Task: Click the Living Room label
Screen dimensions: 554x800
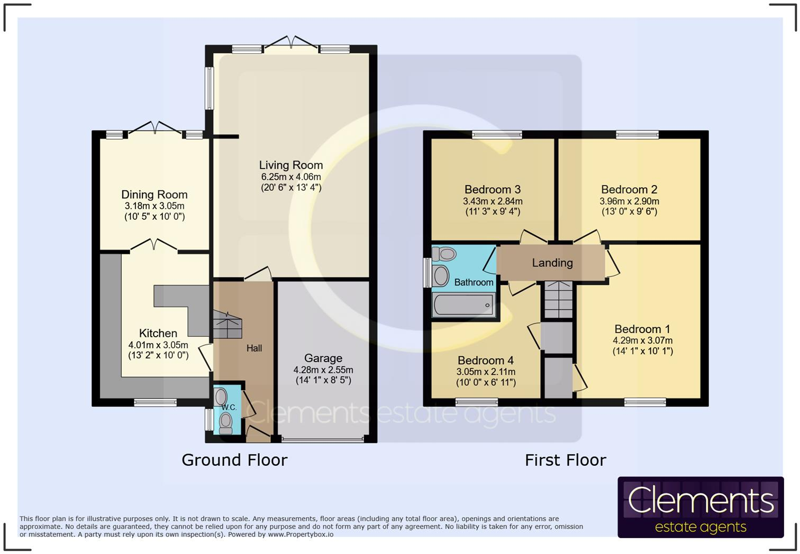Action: pyautogui.click(x=290, y=165)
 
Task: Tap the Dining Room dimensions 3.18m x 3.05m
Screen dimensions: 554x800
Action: pyautogui.click(x=154, y=206)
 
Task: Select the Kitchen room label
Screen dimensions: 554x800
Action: pyautogui.click(x=158, y=333)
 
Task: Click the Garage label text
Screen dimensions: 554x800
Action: pyautogui.click(x=323, y=358)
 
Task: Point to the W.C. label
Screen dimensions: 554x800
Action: pyautogui.click(x=229, y=407)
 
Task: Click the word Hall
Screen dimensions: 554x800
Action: pyautogui.click(x=254, y=348)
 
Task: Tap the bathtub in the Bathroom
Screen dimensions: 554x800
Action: pyautogui.click(x=463, y=306)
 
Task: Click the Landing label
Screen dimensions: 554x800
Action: pyautogui.click(x=552, y=263)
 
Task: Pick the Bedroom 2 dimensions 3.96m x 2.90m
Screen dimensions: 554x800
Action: pyautogui.click(x=629, y=201)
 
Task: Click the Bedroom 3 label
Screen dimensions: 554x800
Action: pyautogui.click(x=492, y=189)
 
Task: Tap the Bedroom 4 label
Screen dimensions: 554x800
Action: pyautogui.click(x=485, y=361)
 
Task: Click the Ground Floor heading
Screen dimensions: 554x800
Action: pyautogui.click(x=234, y=460)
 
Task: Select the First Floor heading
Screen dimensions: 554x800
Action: pyautogui.click(x=565, y=460)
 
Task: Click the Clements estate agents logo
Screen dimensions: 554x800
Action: pyautogui.click(x=700, y=507)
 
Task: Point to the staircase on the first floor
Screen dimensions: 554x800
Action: pyautogui.click(x=558, y=299)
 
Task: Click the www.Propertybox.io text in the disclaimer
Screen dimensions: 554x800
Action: pyautogui.click(x=301, y=534)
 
